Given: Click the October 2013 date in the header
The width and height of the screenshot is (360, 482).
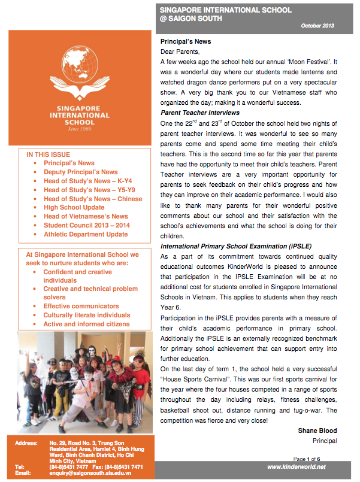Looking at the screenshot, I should [317, 26].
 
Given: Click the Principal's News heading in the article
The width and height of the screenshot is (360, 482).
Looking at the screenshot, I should [186, 42].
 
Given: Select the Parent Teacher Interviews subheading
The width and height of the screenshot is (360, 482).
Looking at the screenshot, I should [200, 113].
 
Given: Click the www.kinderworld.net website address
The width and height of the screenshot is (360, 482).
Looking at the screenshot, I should [297, 467].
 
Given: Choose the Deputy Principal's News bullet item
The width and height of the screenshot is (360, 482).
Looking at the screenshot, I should [81, 172].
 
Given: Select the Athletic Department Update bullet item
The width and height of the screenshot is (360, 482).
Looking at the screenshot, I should [86, 234].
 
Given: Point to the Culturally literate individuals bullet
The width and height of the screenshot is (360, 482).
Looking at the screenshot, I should [87, 315].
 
